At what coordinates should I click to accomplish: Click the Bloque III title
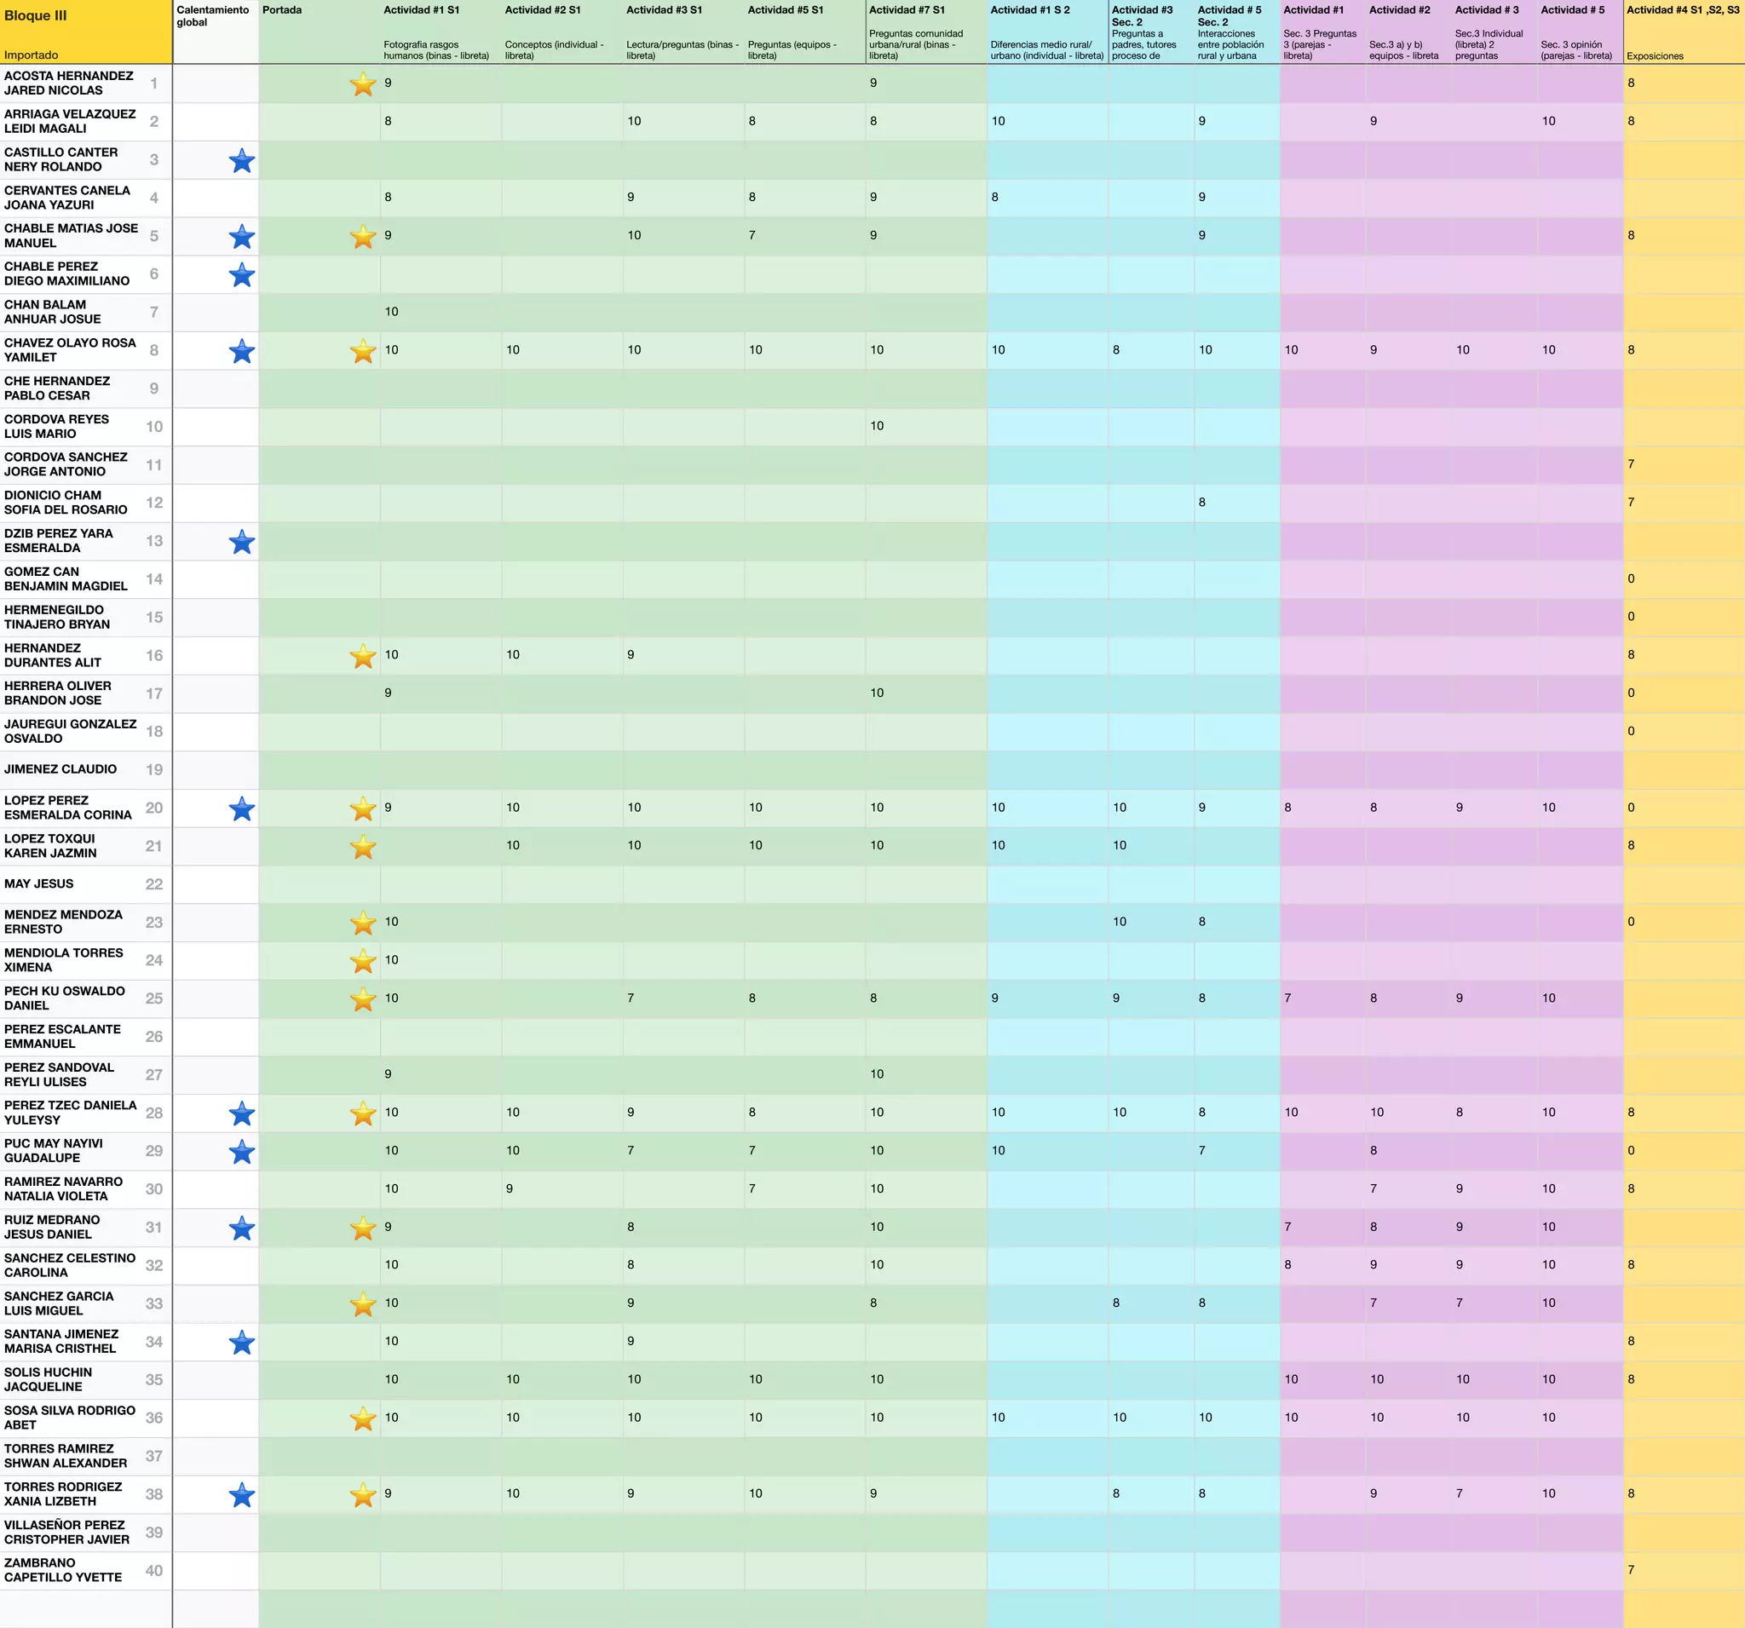pos(36,16)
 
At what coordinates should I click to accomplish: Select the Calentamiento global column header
pos(212,16)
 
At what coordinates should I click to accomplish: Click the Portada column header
pos(282,10)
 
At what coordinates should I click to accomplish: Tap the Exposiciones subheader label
pos(1655,56)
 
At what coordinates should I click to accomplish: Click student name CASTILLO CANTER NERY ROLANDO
pos(60,159)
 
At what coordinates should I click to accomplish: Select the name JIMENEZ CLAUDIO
pos(60,768)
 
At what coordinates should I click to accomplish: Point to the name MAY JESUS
pos(38,883)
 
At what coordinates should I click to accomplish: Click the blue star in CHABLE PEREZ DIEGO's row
pos(241,274)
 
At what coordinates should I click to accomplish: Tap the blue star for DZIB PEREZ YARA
pos(241,542)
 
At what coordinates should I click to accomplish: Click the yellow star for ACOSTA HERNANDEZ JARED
pos(362,84)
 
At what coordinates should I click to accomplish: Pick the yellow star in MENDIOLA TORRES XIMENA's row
pos(362,960)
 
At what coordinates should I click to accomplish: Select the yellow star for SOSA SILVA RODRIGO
pos(362,1418)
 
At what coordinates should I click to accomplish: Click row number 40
pos(153,1570)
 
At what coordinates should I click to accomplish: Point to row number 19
pos(153,769)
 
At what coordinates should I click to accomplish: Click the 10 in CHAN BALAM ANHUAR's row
pos(391,312)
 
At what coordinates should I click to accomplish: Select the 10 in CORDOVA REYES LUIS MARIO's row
pos(877,426)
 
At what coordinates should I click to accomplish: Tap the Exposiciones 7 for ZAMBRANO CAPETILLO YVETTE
pos(1631,1569)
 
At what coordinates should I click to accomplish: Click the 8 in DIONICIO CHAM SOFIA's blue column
pos(1201,502)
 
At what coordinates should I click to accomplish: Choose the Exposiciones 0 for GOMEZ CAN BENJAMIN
pos(1631,578)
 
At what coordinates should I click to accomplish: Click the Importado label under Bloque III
pos(31,55)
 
